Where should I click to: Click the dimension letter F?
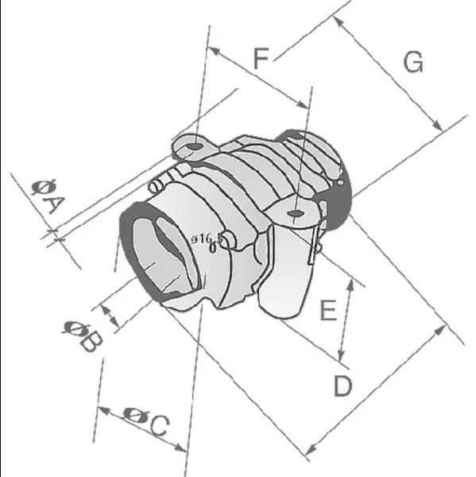(x=261, y=58)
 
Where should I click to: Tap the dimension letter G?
(x=412, y=62)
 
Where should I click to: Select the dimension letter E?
(x=327, y=310)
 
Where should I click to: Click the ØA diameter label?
(x=46, y=196)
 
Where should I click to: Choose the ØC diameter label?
(x=148, y=422)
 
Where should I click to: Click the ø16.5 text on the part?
(x=206, y=238)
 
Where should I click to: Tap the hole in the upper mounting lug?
(x=192, y=147)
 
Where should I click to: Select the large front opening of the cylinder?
(x=159, y=254)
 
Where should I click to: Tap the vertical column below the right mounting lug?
(x=287, y=270)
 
